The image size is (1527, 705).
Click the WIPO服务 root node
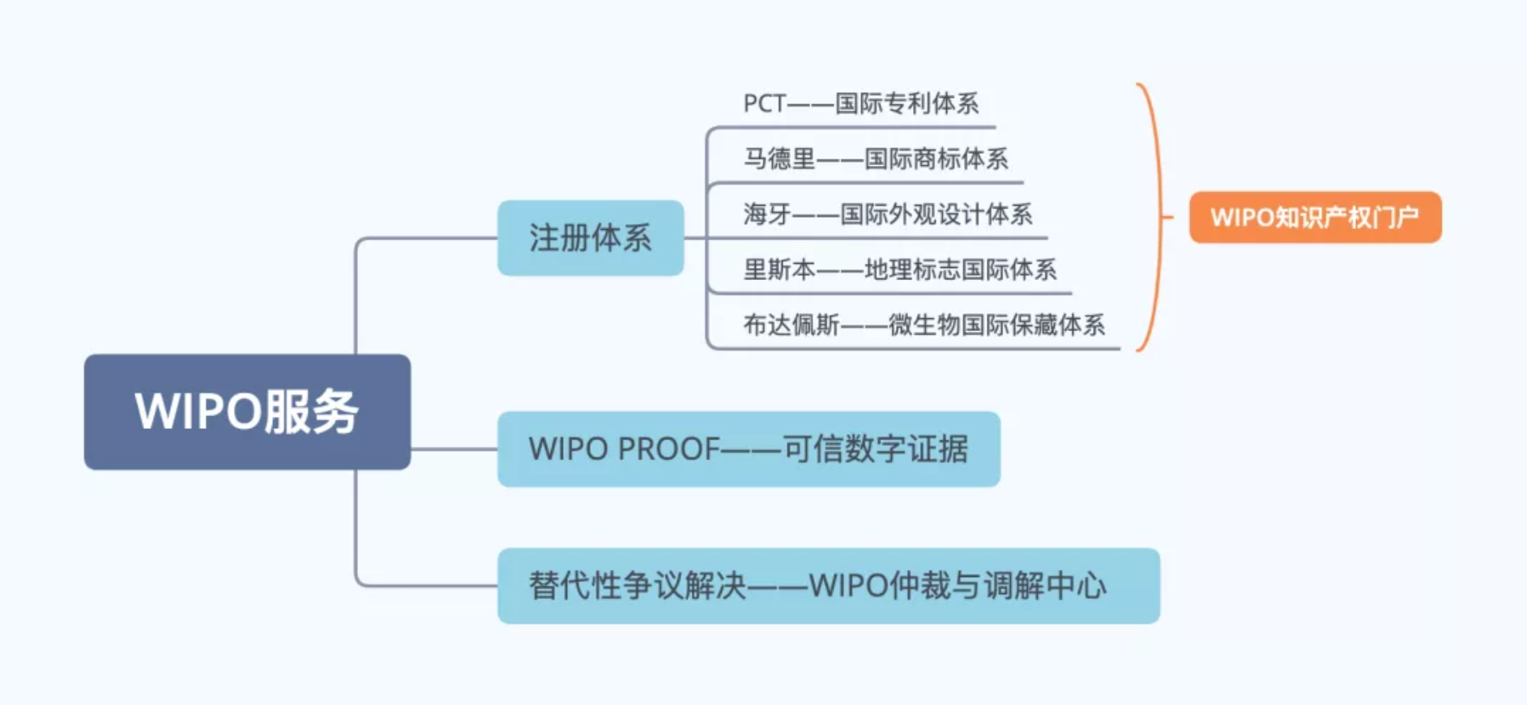tap(247, 411)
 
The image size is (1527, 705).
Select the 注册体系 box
tap(591, 238)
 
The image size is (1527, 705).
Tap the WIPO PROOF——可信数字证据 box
tap(749, 448)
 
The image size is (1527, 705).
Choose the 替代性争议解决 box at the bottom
tap(828, 585)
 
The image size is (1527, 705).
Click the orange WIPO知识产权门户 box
tap(1315, 217)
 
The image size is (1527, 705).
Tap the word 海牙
tap(767, 214)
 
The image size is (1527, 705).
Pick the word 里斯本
tap(779, 269)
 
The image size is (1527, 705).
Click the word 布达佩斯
tap(791, 325)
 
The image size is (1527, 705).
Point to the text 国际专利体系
tap(906, 104)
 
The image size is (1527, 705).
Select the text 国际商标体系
tap(936, 159)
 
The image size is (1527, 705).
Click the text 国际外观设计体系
tap(936, 214)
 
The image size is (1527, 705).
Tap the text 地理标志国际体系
tap(960, 269)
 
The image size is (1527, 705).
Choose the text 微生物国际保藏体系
tap(996, 325)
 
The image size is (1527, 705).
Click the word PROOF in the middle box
tap(668, 448)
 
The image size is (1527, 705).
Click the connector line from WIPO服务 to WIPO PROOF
tap(454, 448)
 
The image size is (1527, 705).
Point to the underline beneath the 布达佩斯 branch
tap(915, 349)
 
